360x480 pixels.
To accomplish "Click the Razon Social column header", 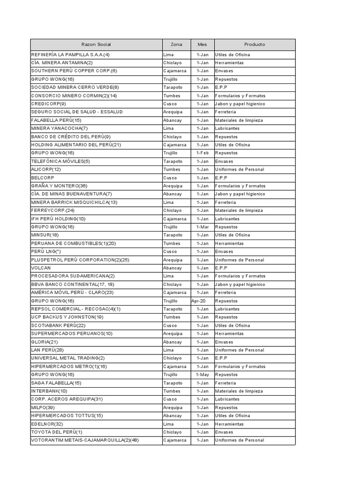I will click(96, 45).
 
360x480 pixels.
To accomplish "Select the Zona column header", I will click(176, 45).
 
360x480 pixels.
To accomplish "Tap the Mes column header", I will click(202, 45).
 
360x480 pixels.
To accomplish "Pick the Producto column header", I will click(255, 45).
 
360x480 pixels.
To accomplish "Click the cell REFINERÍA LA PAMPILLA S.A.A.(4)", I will click(70, 55).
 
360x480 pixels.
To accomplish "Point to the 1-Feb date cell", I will click(202, 153).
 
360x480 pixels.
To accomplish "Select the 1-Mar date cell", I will click(202, 227).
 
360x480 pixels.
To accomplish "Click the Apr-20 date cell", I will click(199, 301).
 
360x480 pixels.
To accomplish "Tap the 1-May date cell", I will click(202, 375).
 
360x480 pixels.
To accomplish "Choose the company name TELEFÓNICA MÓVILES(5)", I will click(60, 161).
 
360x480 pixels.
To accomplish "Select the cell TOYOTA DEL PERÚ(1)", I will click(57, 432).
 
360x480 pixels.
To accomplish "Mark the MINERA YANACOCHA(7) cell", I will click(60, 128).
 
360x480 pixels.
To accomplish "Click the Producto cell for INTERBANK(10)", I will click(239, 391).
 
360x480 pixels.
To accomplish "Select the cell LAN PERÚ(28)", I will click(47, 350).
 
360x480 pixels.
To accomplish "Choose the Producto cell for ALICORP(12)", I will click(240, 170).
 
